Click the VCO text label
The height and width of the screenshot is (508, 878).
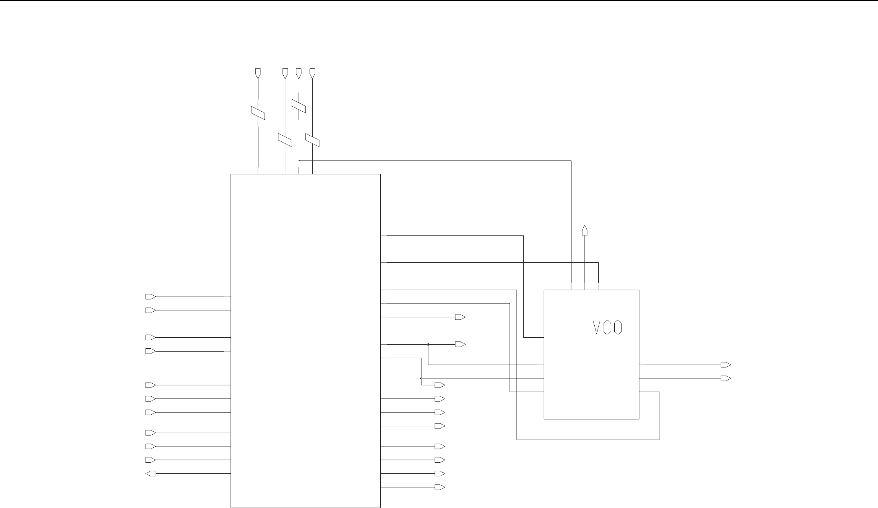tap(607, 328)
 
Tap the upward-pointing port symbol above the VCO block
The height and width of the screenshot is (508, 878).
tap(585, 231)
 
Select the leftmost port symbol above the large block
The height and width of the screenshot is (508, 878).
tap(258, 73)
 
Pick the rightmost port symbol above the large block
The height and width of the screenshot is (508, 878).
tap(313, 73)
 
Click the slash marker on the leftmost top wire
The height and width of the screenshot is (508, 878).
tap(258, 113)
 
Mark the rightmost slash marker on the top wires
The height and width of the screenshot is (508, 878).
tap(313, 140)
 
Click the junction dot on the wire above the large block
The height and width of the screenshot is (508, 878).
tap(299, 161)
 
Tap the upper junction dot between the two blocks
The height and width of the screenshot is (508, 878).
tap(428, 345)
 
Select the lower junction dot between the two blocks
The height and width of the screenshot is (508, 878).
tap(421, 378)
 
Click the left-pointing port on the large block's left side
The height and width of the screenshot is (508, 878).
tap(150, 473)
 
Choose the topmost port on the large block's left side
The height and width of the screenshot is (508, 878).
tap(150, 297)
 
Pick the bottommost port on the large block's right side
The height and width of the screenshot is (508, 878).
tap(440, 487)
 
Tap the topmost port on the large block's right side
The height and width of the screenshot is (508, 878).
tap(461, 317)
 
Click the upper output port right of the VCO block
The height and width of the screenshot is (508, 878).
tap(726, 365)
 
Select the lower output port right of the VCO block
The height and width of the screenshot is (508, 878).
tap(726, 378)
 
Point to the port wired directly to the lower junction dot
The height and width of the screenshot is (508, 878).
tap(440, 385)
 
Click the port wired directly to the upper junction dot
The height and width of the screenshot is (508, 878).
tap(461, 345)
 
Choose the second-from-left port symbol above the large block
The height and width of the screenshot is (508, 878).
tap(285, 73)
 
